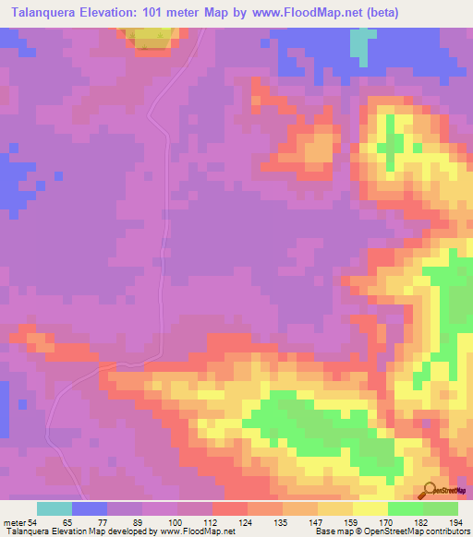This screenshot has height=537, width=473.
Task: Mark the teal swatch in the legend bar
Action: pos(54,508)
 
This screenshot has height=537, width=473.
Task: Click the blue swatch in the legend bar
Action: pos(90,508)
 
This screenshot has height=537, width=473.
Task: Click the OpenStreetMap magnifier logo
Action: pos(431,490)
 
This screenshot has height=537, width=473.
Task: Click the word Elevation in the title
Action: pos(121,12)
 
